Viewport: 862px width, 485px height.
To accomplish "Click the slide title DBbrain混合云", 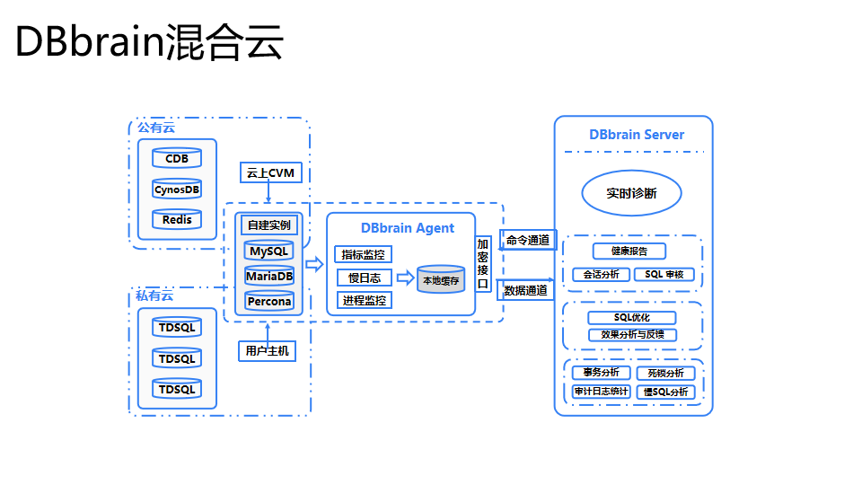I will [x=149, y=42].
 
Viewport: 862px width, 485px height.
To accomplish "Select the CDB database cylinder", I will [x=177, y=159].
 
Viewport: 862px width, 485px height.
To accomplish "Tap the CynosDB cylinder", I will [x=177, y=190].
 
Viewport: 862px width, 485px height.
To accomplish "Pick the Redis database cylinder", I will [x=177, y=220].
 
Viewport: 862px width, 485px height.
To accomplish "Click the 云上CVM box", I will [x=269, y=172].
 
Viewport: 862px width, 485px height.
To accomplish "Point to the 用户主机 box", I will [x=268, y=350].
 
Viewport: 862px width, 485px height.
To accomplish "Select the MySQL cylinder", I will [x=269, y=251].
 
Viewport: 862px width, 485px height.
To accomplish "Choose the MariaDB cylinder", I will [x=269, y=276].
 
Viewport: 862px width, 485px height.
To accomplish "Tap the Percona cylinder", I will [x=269, y=301].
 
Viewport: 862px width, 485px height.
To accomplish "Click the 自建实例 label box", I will [x=269, y=225].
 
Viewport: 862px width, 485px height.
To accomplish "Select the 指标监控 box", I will [x=364, y=255].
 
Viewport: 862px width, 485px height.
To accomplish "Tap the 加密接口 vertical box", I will [x=483, y=264].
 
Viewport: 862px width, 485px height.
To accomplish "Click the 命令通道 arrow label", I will [x=527, y=241].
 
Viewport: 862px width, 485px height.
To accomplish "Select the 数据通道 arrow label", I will [x=525, y=290].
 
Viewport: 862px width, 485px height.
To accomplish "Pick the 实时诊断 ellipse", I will [x=631, y=193].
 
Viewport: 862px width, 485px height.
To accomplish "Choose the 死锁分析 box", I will [x=665, y=373].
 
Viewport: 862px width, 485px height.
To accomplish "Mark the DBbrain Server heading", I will [x=637, y=135].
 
